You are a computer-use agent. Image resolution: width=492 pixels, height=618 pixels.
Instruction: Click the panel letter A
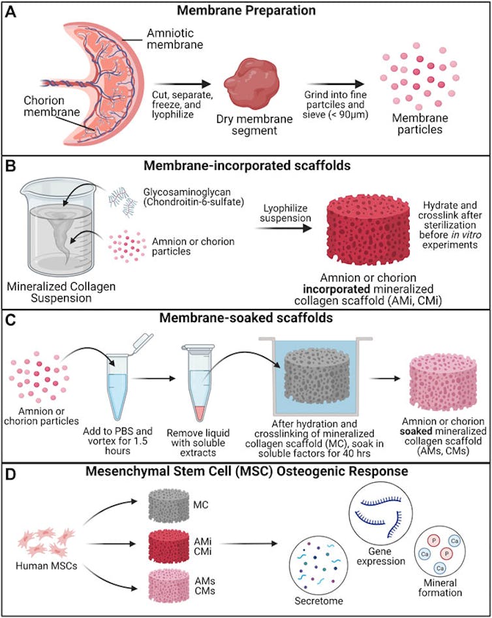[12, 11]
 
